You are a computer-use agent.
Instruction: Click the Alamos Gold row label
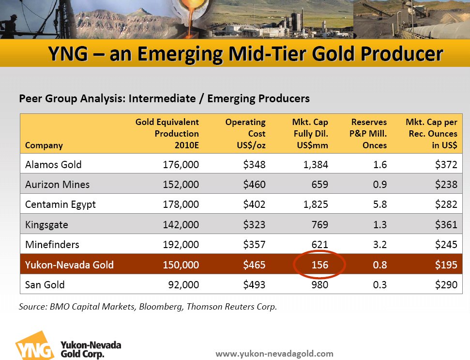(x=53, y=165)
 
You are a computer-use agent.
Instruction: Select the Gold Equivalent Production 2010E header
(x=167, y=133)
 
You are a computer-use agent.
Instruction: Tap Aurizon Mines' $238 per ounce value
(x=446, y=185)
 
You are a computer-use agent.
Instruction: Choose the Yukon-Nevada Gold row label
(x=69, y=265)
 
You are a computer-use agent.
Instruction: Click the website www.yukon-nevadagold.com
(x=274, y=354)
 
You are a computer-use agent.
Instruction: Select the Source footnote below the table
(x=148, y=306)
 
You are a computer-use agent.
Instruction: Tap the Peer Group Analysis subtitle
(x=164, y=98)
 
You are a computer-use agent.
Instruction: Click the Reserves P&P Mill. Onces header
(x=369, y=133)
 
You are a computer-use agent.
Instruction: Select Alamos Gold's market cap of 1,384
(x=314, y=165)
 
